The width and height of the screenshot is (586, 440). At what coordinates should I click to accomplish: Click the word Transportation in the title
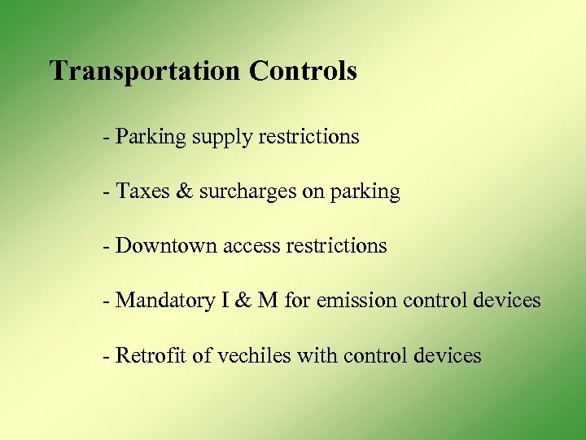point(146,71)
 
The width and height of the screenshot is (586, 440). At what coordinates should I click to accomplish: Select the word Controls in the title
point(303,71)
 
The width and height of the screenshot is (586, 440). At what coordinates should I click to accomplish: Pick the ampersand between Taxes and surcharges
point(185,191)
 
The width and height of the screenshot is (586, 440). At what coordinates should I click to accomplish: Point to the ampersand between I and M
point(243,301)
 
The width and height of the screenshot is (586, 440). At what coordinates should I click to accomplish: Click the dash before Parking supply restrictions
point(107,137)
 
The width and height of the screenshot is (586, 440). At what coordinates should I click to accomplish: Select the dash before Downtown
point(107,245)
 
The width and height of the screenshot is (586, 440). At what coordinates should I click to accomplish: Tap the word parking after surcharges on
point(365,192)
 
